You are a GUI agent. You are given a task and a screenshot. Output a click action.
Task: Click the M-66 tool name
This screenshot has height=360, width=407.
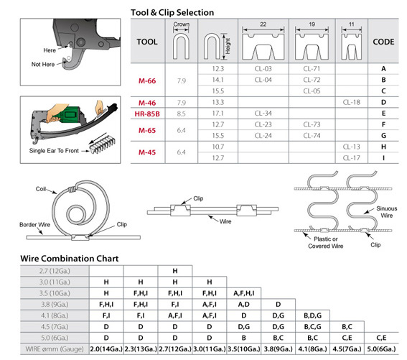click(147, 80)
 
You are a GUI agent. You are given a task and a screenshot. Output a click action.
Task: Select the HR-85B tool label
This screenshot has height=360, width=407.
click(147, 114)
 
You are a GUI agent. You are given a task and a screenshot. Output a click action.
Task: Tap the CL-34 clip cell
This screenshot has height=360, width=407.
click(263, 114)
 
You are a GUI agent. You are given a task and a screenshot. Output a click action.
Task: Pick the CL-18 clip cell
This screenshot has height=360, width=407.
click(352, 102)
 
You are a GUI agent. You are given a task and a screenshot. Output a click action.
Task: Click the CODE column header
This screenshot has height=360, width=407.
click(383, 42)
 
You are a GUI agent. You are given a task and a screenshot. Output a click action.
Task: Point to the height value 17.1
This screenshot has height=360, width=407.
click(217, 114)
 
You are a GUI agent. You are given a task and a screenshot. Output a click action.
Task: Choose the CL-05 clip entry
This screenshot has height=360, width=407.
click(312, 91)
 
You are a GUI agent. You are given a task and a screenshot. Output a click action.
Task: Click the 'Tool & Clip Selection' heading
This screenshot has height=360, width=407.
click(172, 12)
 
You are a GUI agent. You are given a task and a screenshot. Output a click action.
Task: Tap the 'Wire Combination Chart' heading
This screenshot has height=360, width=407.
click(70, 259)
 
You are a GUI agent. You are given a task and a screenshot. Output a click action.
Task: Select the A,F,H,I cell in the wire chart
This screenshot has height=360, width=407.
click(244, 293)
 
